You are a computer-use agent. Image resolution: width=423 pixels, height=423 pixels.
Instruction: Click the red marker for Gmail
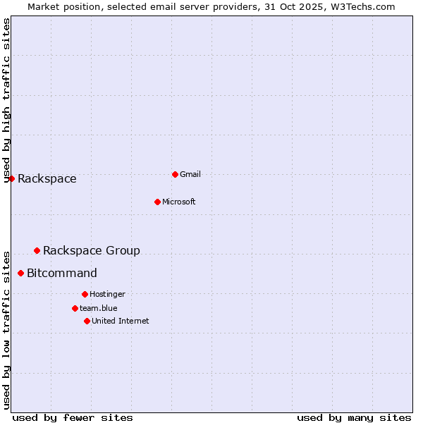click(x=175, y=174)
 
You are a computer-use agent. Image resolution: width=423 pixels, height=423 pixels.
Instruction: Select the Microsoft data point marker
click(x=157, y=202)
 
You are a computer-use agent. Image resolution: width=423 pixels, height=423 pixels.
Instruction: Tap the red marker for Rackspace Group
click(x=37, y=250)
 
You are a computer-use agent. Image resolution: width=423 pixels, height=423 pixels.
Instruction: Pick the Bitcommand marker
click(x=20, y=273)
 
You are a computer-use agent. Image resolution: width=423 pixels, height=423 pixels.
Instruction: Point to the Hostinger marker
click(x=85, y=294)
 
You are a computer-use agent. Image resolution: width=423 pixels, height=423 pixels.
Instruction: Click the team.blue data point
click(x=75, y=308)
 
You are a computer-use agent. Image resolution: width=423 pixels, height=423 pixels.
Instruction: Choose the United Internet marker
click(x=87, y=321)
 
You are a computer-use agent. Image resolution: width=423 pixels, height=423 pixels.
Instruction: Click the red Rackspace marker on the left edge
click(x=11, y=178)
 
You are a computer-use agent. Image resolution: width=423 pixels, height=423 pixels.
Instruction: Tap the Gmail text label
click(x=190, y=174)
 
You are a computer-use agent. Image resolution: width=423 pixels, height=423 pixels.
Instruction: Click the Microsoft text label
click(x=179, y=202)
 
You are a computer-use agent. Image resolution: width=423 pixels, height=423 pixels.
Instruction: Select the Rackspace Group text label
click(x=92, y=250)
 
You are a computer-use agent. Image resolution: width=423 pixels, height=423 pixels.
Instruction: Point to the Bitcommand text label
click(x=62, y=273)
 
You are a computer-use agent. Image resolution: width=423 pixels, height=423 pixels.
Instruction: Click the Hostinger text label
click(x=107, y=294)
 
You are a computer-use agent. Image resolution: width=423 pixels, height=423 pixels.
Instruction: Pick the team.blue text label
click(x=99, y=308)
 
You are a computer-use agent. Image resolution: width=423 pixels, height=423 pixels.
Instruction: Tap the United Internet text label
click(x=121, y=321)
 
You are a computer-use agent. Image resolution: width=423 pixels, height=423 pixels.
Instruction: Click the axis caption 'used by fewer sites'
click(x=73, y=417)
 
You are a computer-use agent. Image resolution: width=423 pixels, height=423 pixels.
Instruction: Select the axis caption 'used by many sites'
click(x=354, y=417)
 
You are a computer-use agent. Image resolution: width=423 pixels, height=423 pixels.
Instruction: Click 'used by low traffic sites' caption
click(x=7, y=329)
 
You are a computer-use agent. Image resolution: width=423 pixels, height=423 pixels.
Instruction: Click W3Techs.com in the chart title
click(x=364, y=6)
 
